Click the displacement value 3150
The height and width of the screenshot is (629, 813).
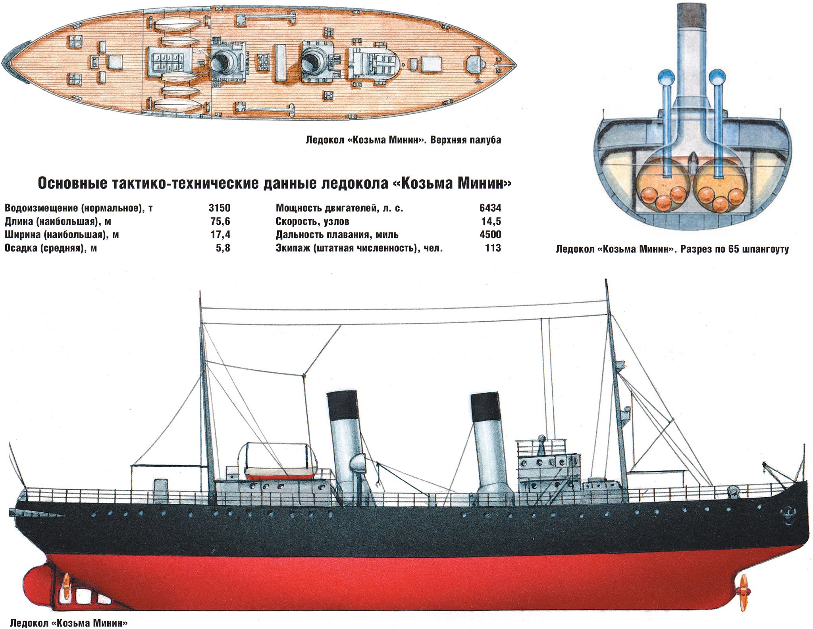click(220, 208)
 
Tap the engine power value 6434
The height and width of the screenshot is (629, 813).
click(490, 208)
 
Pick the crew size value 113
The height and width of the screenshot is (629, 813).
click(493, 248)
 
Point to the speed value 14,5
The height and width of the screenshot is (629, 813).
click(491, 221)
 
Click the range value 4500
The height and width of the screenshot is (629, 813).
click(490, 234)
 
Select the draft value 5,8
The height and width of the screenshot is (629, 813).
click(223, 248)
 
